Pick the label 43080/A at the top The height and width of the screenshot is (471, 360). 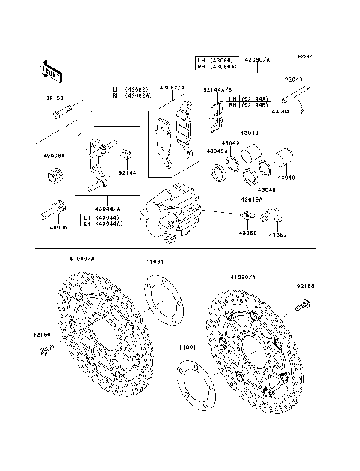[x=256, y=58]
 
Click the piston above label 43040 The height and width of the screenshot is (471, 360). [x=287, y=160]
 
